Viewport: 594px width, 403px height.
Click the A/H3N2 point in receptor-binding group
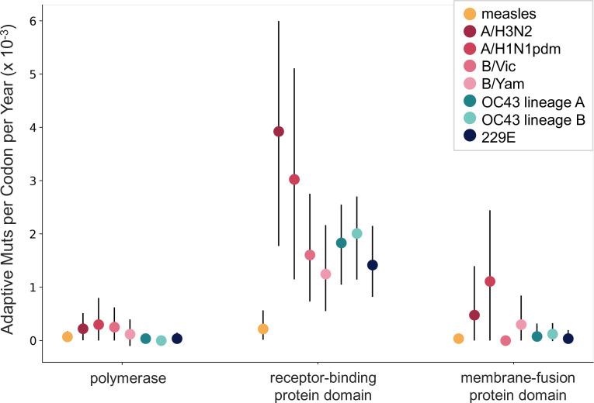tap(279, 131)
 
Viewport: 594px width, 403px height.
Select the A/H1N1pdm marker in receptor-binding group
tap(294, 179)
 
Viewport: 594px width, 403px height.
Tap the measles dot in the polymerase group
tap(68, 336)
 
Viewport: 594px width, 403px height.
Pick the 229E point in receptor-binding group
tap(372, 265)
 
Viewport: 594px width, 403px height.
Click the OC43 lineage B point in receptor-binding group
tap(357, 233)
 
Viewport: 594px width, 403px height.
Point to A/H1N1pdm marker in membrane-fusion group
tap(490, 281)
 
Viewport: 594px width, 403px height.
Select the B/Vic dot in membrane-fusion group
tap(505, 340)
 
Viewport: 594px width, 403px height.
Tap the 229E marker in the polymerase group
tap(177, 339)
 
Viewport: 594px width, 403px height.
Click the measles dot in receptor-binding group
tap(263, 329)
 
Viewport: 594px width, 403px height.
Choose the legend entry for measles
tap(512, 13)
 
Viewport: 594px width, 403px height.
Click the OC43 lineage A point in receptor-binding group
tap(341, 243)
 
